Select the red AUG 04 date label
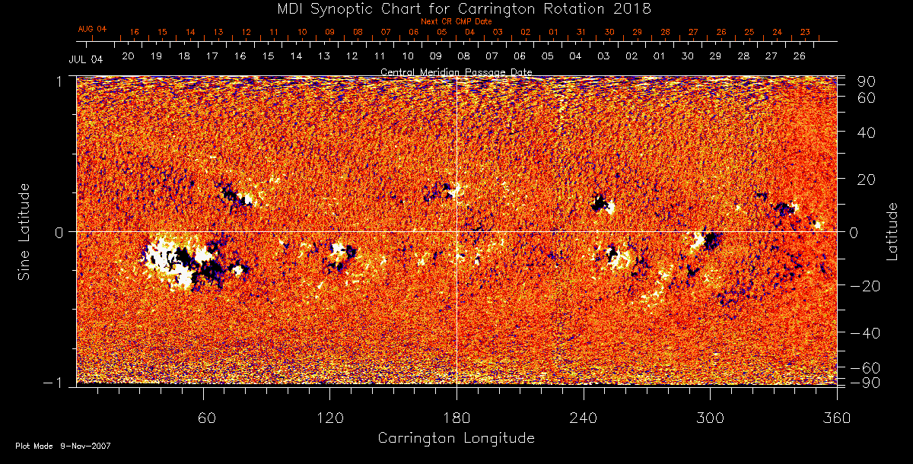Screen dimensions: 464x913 tap(92, 29)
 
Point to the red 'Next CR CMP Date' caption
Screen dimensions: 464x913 tap(456, 21)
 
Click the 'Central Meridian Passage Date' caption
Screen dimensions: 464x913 tap(456, 72)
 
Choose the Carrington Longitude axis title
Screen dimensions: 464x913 tap(456, 438)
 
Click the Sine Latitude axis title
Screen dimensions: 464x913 tap(24, 230)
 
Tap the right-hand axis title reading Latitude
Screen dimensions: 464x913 tap(892, 230)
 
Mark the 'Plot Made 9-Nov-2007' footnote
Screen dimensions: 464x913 tap(63, 446)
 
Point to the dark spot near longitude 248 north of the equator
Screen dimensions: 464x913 tap(601, 204)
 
